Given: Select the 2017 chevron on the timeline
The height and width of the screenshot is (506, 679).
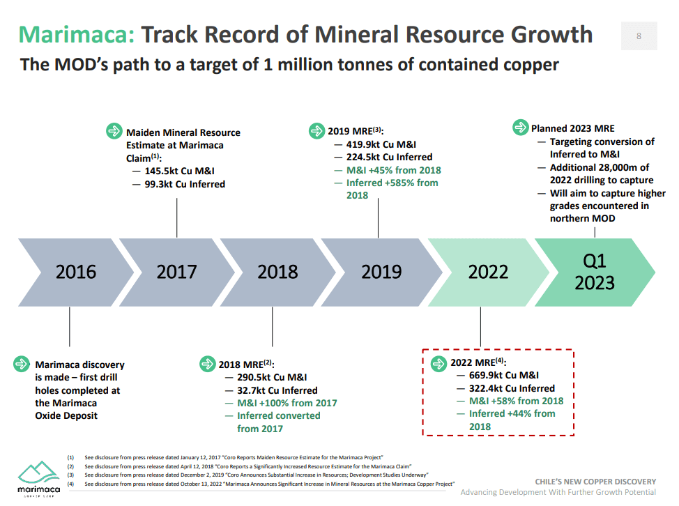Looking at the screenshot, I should (x=176, y=271).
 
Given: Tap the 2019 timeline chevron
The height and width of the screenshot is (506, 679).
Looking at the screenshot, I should (x=381, y=271).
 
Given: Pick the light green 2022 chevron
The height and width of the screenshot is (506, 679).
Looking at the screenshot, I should (x=488, y=271).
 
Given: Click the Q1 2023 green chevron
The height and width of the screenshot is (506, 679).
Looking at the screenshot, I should (x=595, y=271).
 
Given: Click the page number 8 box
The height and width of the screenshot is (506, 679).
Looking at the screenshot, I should (x=639, y=36).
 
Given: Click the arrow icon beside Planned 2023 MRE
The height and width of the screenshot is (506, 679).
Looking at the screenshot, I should (x=520, y=128).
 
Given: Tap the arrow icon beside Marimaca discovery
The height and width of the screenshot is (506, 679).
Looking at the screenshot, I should (x=22, y=364).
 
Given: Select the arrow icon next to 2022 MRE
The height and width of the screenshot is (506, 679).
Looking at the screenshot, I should (x=438, y=362).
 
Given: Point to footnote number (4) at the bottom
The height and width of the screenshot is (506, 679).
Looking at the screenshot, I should (x=70, y=483).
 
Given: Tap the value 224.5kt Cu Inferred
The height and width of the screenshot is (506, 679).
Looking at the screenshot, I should (x=389, y=158).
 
